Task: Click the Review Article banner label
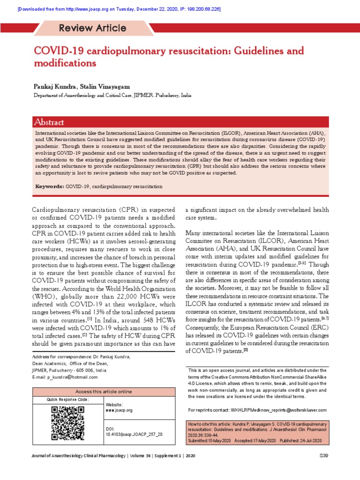(92, 28)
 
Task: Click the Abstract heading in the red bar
(49, 122)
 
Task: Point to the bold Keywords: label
(49, 187)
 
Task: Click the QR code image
(67, 423)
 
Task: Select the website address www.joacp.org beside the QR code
(120, 410)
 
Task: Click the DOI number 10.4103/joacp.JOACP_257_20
(135, 435)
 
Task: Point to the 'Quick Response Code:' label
(67, 399)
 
